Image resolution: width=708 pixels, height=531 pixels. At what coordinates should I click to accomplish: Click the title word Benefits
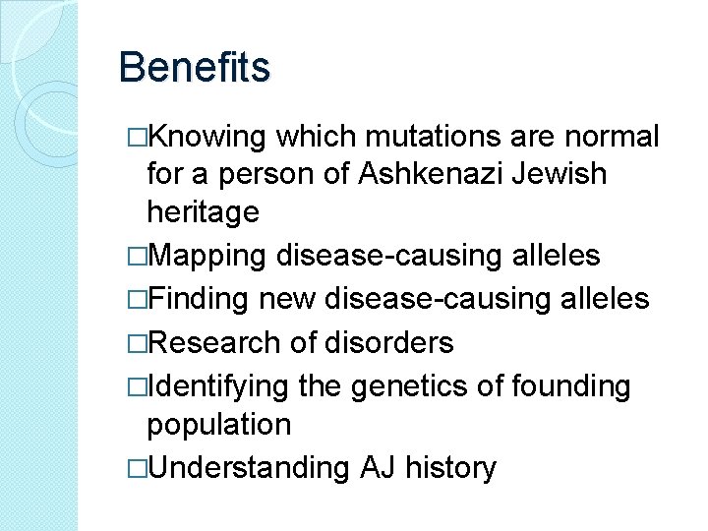(x=194, y=69)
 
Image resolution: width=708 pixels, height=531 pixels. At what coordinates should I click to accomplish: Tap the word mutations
(x=420, y=137)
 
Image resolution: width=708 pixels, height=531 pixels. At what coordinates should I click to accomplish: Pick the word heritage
(x=203, y=212)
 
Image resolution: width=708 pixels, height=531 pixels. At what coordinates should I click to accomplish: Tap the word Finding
(x=203, y=299)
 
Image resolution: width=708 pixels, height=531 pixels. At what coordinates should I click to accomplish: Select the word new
(x=297, y=299)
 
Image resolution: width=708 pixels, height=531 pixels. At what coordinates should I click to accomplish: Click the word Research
(x=214, y=342)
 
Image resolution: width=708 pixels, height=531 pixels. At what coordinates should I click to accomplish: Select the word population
(x=218, y=426)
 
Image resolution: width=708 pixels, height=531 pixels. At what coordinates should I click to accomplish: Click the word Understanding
(x=247, y=469)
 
